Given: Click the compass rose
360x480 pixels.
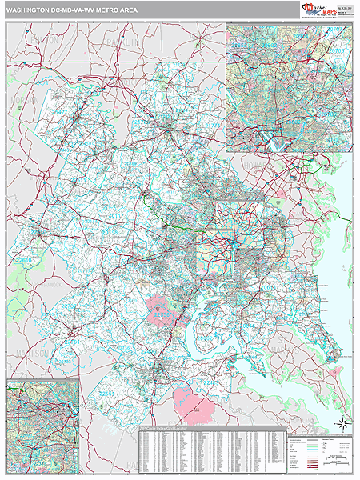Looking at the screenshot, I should [x=342, y=423].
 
